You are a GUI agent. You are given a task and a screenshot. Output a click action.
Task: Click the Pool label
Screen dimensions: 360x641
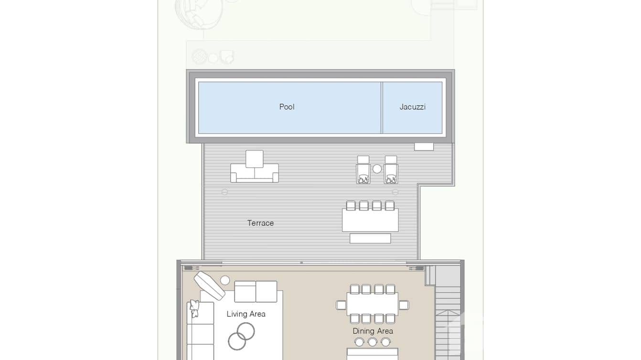(287, 107)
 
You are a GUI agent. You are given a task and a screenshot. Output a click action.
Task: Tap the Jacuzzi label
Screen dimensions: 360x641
(412, 107)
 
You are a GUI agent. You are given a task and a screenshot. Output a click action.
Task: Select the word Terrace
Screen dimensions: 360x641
(260, 223)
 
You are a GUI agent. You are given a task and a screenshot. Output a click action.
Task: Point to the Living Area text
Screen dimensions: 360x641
(246, 314)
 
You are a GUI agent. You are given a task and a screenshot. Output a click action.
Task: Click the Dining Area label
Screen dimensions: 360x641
(373, 331)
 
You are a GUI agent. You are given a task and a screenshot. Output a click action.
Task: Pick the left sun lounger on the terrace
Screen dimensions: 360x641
(363, 171)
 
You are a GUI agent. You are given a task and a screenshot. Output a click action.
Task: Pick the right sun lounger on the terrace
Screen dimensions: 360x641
(391, 171)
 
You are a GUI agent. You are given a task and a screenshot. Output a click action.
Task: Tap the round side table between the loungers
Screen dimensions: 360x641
(377, 169)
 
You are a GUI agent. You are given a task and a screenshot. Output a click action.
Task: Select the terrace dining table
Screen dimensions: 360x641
(370, 221)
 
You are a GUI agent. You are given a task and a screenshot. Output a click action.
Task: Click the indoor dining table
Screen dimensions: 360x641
(373, 304)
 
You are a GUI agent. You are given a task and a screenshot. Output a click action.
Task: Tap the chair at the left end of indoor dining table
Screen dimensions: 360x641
(341, 305)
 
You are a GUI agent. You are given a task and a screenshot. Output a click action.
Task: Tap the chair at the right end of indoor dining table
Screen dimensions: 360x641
(404, 305)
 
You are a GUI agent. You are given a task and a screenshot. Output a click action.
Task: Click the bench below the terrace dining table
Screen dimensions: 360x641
(370, 238)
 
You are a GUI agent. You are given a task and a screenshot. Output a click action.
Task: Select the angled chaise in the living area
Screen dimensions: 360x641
(209, 285)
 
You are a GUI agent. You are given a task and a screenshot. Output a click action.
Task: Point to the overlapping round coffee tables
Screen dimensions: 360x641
(242, 335)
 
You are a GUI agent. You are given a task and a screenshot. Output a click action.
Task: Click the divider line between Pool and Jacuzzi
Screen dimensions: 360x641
(382, 107)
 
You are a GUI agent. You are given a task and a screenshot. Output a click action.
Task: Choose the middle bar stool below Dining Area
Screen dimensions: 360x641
(373, 342)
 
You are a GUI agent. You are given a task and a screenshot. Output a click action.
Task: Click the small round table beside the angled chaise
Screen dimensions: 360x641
(225, 280)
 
